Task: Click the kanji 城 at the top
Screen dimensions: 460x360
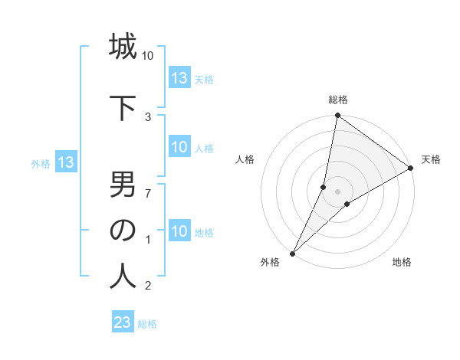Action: pos(123,47)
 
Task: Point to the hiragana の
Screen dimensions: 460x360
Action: pos(123,230)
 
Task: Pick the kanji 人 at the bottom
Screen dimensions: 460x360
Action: pos(123,276)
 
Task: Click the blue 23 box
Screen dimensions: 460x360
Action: pos(123,322)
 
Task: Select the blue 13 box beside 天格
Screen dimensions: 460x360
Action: pos(179,78)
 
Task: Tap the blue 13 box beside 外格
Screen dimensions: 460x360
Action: pos(65,162)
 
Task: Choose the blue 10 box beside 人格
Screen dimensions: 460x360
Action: pos(179,148)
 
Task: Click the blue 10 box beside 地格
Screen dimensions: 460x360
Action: pos(179,232)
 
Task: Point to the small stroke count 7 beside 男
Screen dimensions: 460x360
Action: pos(148,192)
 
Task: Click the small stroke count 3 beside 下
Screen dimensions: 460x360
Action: pos(148,116)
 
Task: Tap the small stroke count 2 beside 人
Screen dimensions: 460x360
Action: pos(148,286)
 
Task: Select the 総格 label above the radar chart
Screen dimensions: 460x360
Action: pos(337,100)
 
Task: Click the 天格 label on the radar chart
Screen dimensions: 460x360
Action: pos(431,159)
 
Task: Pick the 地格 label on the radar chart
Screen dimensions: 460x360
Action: pos(402,262)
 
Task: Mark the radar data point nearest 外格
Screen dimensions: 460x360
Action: pos(292,253)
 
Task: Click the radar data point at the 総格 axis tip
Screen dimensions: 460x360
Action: pos(337,116)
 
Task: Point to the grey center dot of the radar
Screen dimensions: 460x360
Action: pos(337,191)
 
